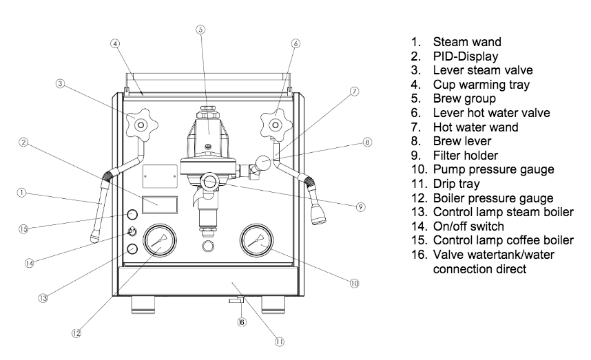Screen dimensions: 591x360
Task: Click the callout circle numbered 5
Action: (200, 30)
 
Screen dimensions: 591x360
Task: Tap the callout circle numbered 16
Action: (242, 322)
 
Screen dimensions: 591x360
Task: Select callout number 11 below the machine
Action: (279, 341)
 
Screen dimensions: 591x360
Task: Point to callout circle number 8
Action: (367, 142)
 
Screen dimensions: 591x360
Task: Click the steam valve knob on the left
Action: (141, 125)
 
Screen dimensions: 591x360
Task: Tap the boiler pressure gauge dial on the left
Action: (160, 240)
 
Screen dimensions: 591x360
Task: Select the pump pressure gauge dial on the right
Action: (257, 240)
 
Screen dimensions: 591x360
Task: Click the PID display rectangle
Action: (160, 205)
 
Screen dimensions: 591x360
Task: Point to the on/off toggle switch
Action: (132, 231)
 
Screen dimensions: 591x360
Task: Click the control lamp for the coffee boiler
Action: (132, 215)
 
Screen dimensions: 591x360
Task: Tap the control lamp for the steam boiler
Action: (132, 248)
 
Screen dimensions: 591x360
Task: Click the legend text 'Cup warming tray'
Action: (481, 85)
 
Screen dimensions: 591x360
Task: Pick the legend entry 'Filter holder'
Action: (466, 155)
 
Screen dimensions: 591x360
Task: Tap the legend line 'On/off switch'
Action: (468, 226)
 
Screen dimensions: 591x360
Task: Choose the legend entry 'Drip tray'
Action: (457, 184)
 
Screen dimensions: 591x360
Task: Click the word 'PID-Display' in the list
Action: (466, 56)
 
